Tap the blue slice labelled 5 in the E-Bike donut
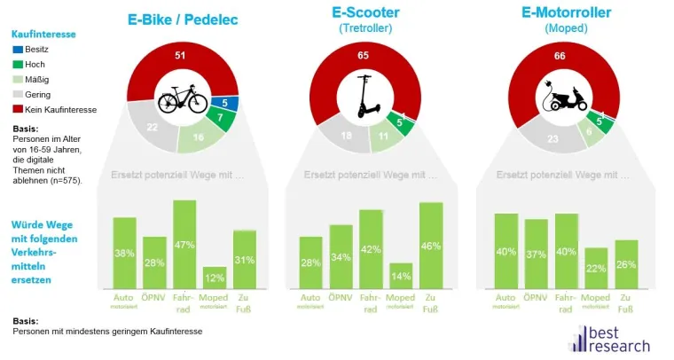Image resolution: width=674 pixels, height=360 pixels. point(225,103)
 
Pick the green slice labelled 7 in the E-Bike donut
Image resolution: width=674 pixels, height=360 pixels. point(218,119)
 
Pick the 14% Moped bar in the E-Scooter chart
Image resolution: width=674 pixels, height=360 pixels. point(401,276)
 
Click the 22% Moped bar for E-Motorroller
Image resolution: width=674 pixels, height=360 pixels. point(596,268)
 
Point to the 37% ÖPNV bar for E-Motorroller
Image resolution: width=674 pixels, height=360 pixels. point(536,254)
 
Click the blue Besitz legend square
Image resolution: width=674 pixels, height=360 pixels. point(17,49)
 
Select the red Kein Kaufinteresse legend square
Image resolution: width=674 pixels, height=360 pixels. point(17,109)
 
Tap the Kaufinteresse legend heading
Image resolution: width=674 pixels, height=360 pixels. point(43,34)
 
